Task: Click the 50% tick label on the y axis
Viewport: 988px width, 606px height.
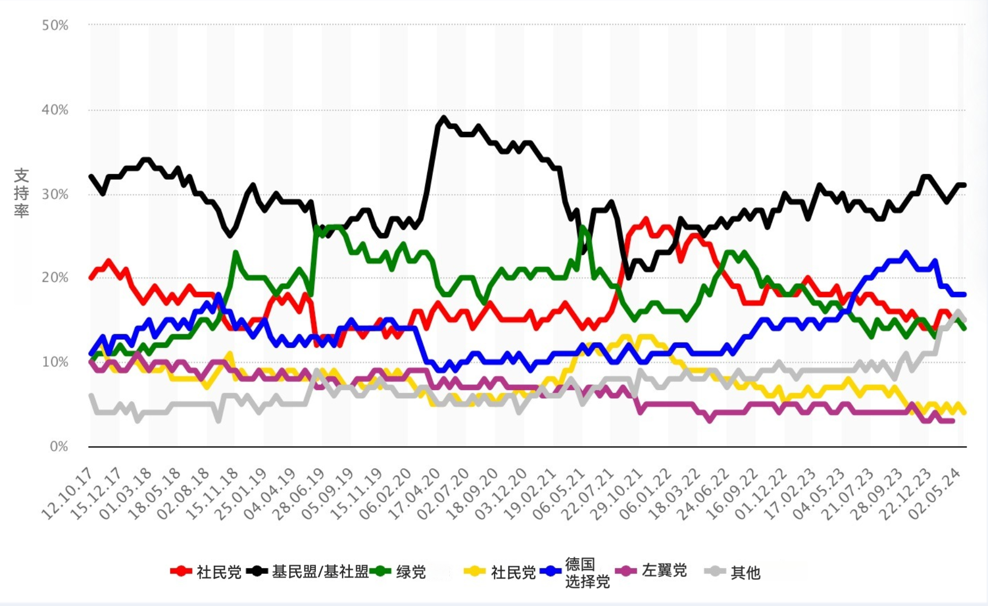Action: point(55,25)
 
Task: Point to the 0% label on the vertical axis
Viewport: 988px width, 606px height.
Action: point(59,447)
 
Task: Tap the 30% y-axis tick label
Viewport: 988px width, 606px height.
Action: point(55,194)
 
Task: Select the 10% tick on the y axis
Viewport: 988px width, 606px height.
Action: point(55,362)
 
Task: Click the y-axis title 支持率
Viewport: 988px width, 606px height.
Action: point(21,193)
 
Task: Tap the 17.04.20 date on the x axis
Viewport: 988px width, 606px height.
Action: point(415,494)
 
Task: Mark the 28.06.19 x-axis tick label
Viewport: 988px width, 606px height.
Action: point(298,494)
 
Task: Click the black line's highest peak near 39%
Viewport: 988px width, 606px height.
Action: point(444,118)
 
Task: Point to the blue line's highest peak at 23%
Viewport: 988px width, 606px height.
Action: point(905,253)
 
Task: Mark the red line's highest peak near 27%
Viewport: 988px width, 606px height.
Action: point(646,219)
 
